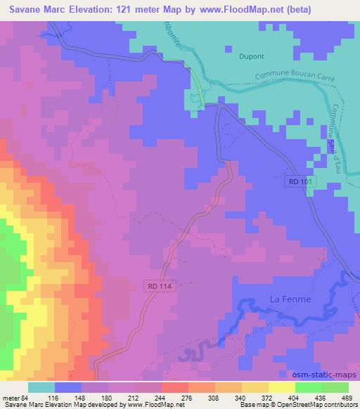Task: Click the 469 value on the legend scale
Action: pyautogui.click(x=347, y=398)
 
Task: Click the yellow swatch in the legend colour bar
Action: pyautogui.click(x=282, y=387)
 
